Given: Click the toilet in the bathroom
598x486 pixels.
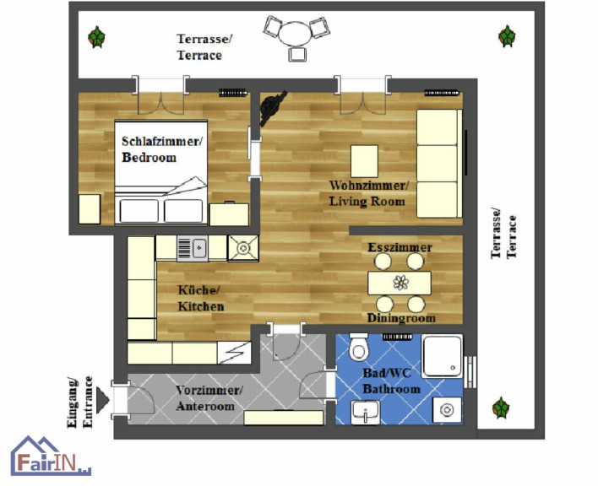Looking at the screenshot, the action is coord(358,347).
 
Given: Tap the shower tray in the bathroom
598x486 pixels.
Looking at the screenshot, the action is coord(443,356).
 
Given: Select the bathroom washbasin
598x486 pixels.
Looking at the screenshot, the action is coord(366,412).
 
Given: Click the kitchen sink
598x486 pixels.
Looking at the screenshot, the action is coord(193,248).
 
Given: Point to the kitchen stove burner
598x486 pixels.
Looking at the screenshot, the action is coord(243,248).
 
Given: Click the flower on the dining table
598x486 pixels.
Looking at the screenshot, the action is coord(401,283).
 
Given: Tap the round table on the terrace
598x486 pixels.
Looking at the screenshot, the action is coord(295,34).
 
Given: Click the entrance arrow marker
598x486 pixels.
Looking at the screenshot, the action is coord(102,400).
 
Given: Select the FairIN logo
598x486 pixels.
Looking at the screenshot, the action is coord(51,456).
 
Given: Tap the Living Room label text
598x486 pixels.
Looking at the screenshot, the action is coord(367,201).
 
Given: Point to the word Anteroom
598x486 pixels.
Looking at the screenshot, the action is coord(205,406).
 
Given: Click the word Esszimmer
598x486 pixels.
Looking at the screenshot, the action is coord(400,247).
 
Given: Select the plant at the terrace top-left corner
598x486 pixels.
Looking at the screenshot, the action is coord(96,37).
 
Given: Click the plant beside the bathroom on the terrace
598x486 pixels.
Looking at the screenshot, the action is coord(501,408).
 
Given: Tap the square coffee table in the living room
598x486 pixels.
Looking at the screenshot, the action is coord(365,161).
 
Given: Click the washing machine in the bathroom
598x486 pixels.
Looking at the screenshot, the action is coord(447,410).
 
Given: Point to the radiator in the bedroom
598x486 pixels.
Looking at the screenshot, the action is coord(232,92).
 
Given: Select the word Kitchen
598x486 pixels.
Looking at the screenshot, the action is coord(201,306).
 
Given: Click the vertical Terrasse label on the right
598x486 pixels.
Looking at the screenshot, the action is coord(496,234).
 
